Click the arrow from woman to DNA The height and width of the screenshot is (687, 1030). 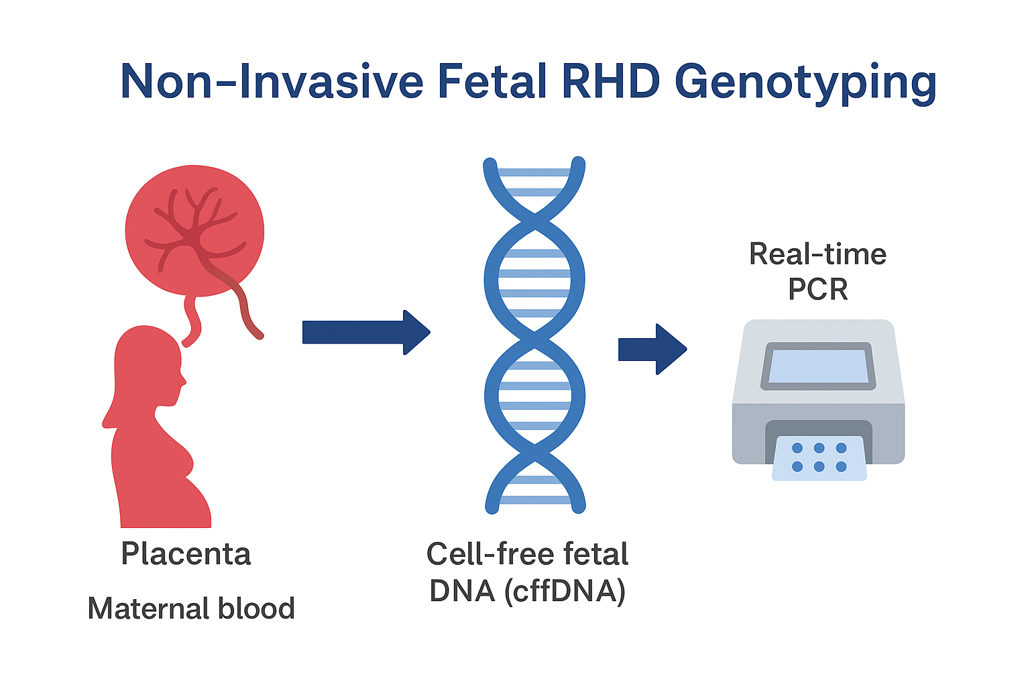tap(365, 332)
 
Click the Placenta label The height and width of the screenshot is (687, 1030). tap(186, 554)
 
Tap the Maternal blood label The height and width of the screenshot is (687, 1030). tap(191, 609)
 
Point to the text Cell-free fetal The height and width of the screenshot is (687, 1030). tap(527, 554)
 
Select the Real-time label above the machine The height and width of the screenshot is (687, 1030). tap(817, 254)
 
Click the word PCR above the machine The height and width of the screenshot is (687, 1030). tap(817, 289)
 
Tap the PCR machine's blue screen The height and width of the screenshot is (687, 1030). tap(818, 366)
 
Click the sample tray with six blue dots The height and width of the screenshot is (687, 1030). tap(819, 458)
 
